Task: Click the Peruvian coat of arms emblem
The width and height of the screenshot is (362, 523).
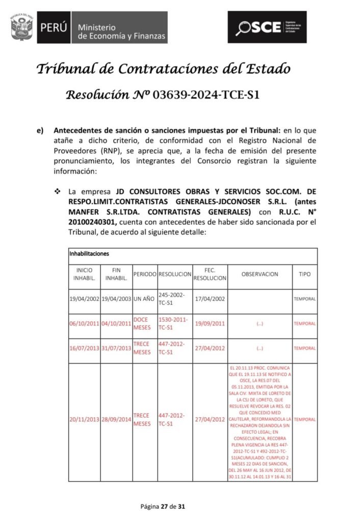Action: click(21, 27)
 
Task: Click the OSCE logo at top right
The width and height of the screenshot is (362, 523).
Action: click(267, 27)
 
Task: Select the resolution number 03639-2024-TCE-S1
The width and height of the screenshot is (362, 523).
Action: click(207, 94)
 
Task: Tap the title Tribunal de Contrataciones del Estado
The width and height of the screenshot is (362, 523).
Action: click(163, 68)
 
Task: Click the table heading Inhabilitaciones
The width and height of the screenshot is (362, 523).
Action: click(89, 253)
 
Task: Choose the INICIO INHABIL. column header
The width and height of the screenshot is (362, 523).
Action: click(84, 273)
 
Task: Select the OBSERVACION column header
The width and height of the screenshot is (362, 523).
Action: click(260, 274)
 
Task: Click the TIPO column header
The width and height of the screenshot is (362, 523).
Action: click(304, 274)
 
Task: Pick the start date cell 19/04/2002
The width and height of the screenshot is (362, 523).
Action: click(85, 299)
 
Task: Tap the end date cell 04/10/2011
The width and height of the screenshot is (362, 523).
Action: click(116, 323)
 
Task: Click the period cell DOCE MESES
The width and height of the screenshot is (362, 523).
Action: click(145, 323)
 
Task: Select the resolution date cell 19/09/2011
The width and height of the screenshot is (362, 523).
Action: click(210, 323)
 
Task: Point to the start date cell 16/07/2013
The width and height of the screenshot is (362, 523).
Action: click(85, 348)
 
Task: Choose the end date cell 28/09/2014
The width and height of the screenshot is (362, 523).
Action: click(116, 419)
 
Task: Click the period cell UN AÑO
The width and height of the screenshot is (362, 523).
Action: click(145, 299)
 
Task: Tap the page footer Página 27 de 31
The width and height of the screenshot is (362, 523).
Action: click(162, 507)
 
